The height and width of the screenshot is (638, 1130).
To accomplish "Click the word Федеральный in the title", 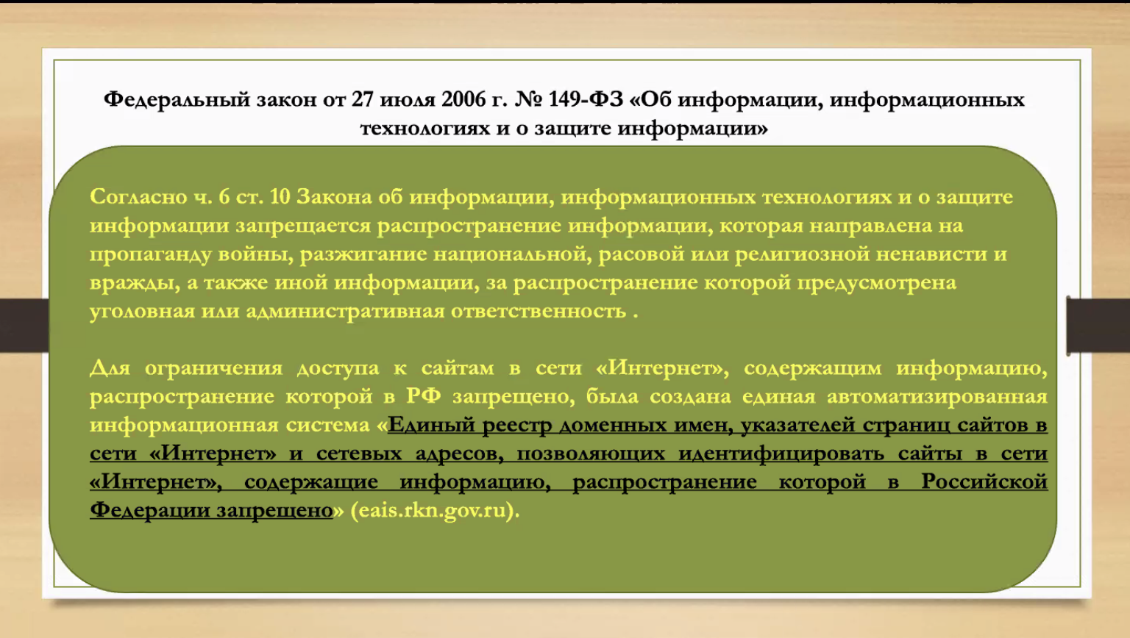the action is (177, 100).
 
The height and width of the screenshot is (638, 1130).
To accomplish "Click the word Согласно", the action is (138, 197).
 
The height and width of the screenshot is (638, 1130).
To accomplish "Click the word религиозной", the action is (802, 255).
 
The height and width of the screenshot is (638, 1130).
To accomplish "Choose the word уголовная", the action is (142, 312).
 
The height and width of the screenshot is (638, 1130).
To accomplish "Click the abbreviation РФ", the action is (423, 397).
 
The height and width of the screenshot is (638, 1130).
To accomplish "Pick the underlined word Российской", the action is (985, 482).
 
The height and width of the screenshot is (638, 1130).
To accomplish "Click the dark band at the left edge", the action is (24, 326).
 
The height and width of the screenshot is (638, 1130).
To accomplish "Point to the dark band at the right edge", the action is (1098, 326).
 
